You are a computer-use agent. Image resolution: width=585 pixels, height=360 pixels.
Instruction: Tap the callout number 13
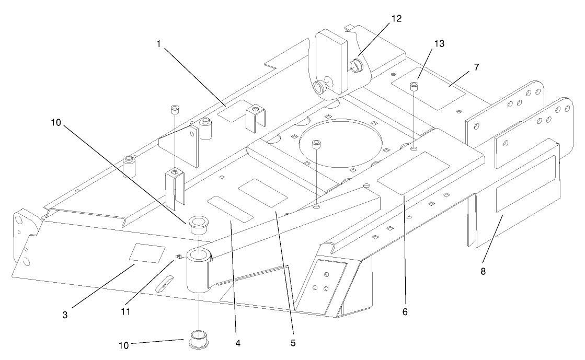pyautogui.click(x=439, y=44)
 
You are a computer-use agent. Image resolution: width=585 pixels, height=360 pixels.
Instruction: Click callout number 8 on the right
pyautogui.click(x=483, y=271)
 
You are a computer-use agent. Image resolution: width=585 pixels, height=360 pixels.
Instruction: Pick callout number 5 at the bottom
pyautogui.click(x=293, y=343)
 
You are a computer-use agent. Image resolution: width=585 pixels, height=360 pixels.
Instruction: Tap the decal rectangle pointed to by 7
pyautogui.click(x=428, y=88)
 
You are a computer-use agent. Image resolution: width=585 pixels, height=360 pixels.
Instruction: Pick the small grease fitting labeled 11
pyautogui.click(x=179, y=257)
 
